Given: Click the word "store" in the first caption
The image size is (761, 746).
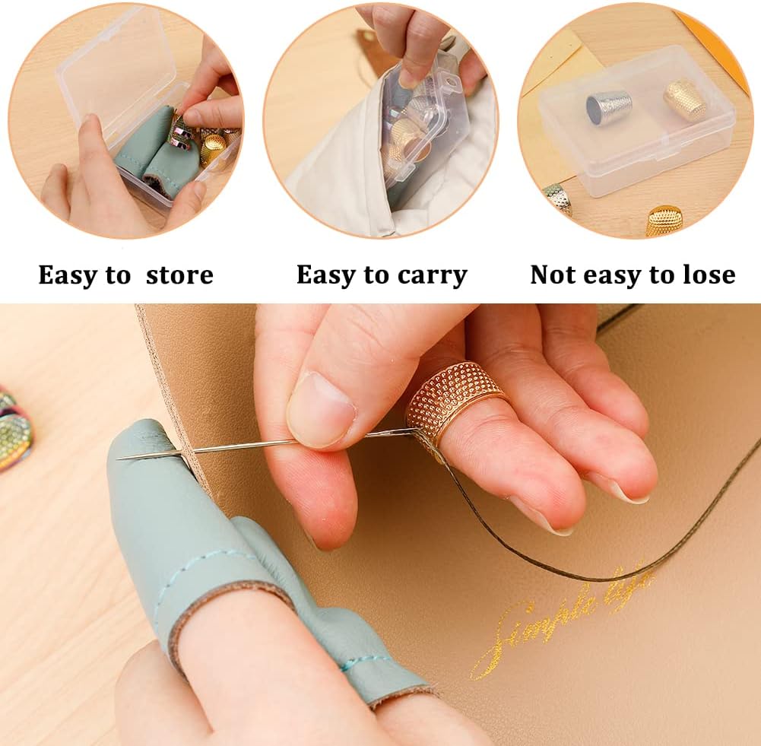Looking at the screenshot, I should click(179, 275).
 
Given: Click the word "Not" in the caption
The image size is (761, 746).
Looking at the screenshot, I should click(553, 275).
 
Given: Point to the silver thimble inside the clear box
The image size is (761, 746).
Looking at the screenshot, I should click(609, 107).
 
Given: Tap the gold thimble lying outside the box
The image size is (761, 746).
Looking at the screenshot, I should click(664, 220).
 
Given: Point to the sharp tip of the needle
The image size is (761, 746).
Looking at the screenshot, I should click(121, 457).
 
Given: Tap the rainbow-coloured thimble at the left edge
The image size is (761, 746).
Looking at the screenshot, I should click(14, 429).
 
